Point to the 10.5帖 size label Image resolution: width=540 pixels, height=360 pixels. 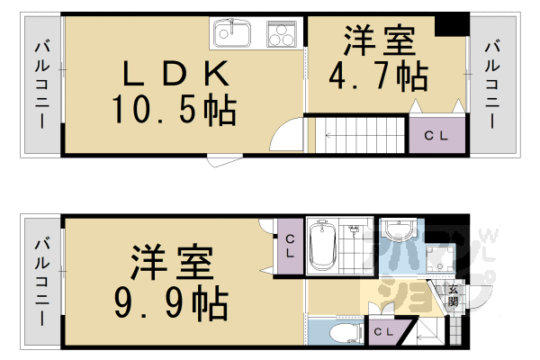click(173, 110)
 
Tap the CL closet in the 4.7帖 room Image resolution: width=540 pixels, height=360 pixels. click(436, 136)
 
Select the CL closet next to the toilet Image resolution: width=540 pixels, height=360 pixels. click(382, 333)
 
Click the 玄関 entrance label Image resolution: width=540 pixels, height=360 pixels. click(453, 298)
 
